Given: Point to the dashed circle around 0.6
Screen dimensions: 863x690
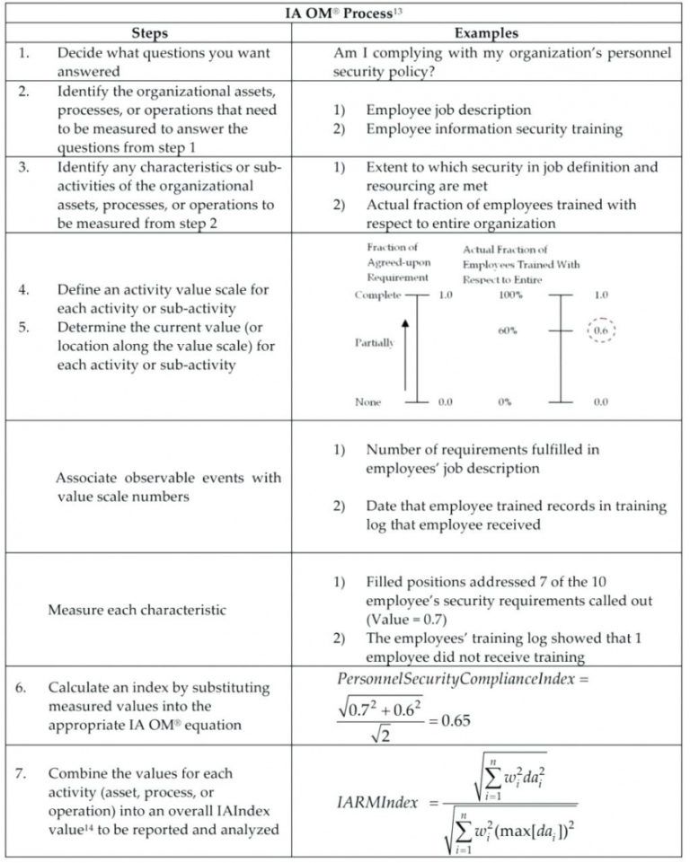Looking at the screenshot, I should (x=601, y=330).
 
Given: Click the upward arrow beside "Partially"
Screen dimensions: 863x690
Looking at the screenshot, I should (x=405, y=354).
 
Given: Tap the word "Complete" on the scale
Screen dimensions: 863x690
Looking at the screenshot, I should (x=377, y=295).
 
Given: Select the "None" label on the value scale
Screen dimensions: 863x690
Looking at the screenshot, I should (x=367, y=402).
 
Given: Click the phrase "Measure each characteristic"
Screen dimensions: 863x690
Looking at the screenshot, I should (x=137, y=610).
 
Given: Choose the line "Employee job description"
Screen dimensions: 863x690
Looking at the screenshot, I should (x=448, y=110).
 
